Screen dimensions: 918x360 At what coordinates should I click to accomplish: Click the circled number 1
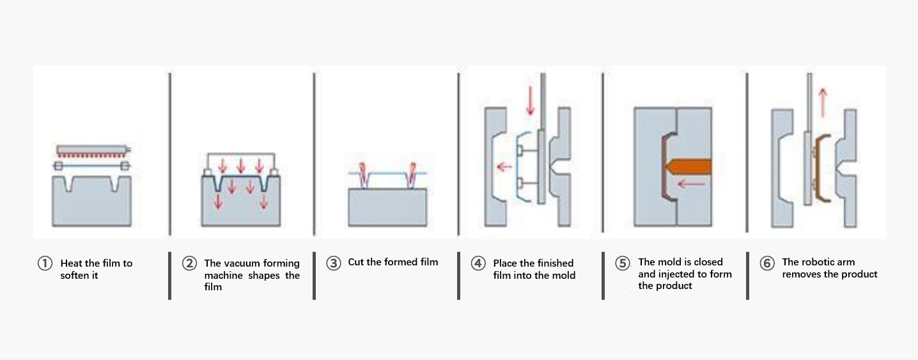(45, 263)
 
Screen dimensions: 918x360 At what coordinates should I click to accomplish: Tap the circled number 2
(189, 263)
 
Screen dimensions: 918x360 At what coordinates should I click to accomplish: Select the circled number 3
(334, 263)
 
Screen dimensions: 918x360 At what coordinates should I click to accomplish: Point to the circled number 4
(478, 263)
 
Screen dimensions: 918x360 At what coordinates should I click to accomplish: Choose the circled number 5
(623, 263)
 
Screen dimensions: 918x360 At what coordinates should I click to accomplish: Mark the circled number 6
(767, 263)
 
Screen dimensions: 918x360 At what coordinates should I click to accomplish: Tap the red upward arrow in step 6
(823, 102)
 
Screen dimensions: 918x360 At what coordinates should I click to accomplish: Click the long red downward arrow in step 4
(531, 101)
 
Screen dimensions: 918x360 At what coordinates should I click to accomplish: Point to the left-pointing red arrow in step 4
(504, 167)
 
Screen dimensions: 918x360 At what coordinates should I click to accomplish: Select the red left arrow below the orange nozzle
(691, 184)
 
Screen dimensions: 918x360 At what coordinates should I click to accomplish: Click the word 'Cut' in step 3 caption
(356, 262)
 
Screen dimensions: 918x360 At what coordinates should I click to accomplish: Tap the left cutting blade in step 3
(362, 175)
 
